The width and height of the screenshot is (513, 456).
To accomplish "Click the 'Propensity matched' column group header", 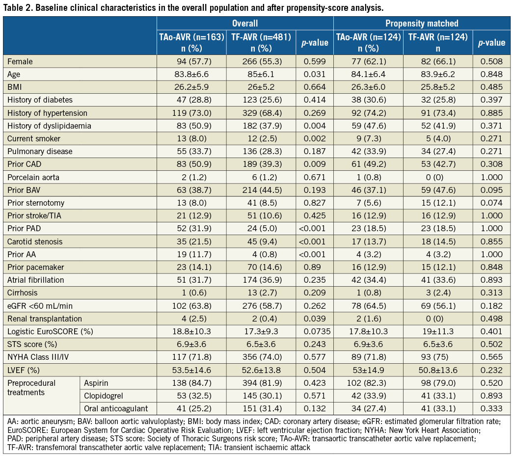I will [422, 23].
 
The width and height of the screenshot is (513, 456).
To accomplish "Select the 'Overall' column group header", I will [245, 23].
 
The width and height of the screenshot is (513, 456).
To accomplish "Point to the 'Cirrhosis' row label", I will [23, 292].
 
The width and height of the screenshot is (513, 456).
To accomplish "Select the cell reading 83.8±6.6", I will [191, 75].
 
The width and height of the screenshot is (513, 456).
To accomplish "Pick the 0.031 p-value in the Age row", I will [314, 75].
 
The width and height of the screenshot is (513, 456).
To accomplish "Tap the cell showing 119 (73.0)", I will [191, 113].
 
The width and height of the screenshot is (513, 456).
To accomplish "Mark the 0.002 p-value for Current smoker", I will [314, 138].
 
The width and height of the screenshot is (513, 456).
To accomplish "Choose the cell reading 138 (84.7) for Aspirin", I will [191, 382].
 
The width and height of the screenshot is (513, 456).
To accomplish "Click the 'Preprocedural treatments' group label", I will [31, 388].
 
